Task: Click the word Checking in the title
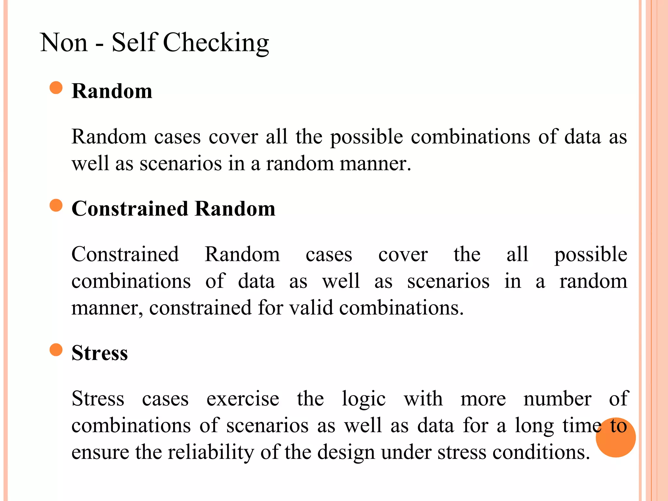216,43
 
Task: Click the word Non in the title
64,43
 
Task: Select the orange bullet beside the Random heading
56,88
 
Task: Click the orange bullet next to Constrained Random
56,205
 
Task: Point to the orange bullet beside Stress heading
56,350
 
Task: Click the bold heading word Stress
99,353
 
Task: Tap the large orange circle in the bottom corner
615,437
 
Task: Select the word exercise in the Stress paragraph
243,399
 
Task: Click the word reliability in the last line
211,452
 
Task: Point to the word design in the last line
346,453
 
